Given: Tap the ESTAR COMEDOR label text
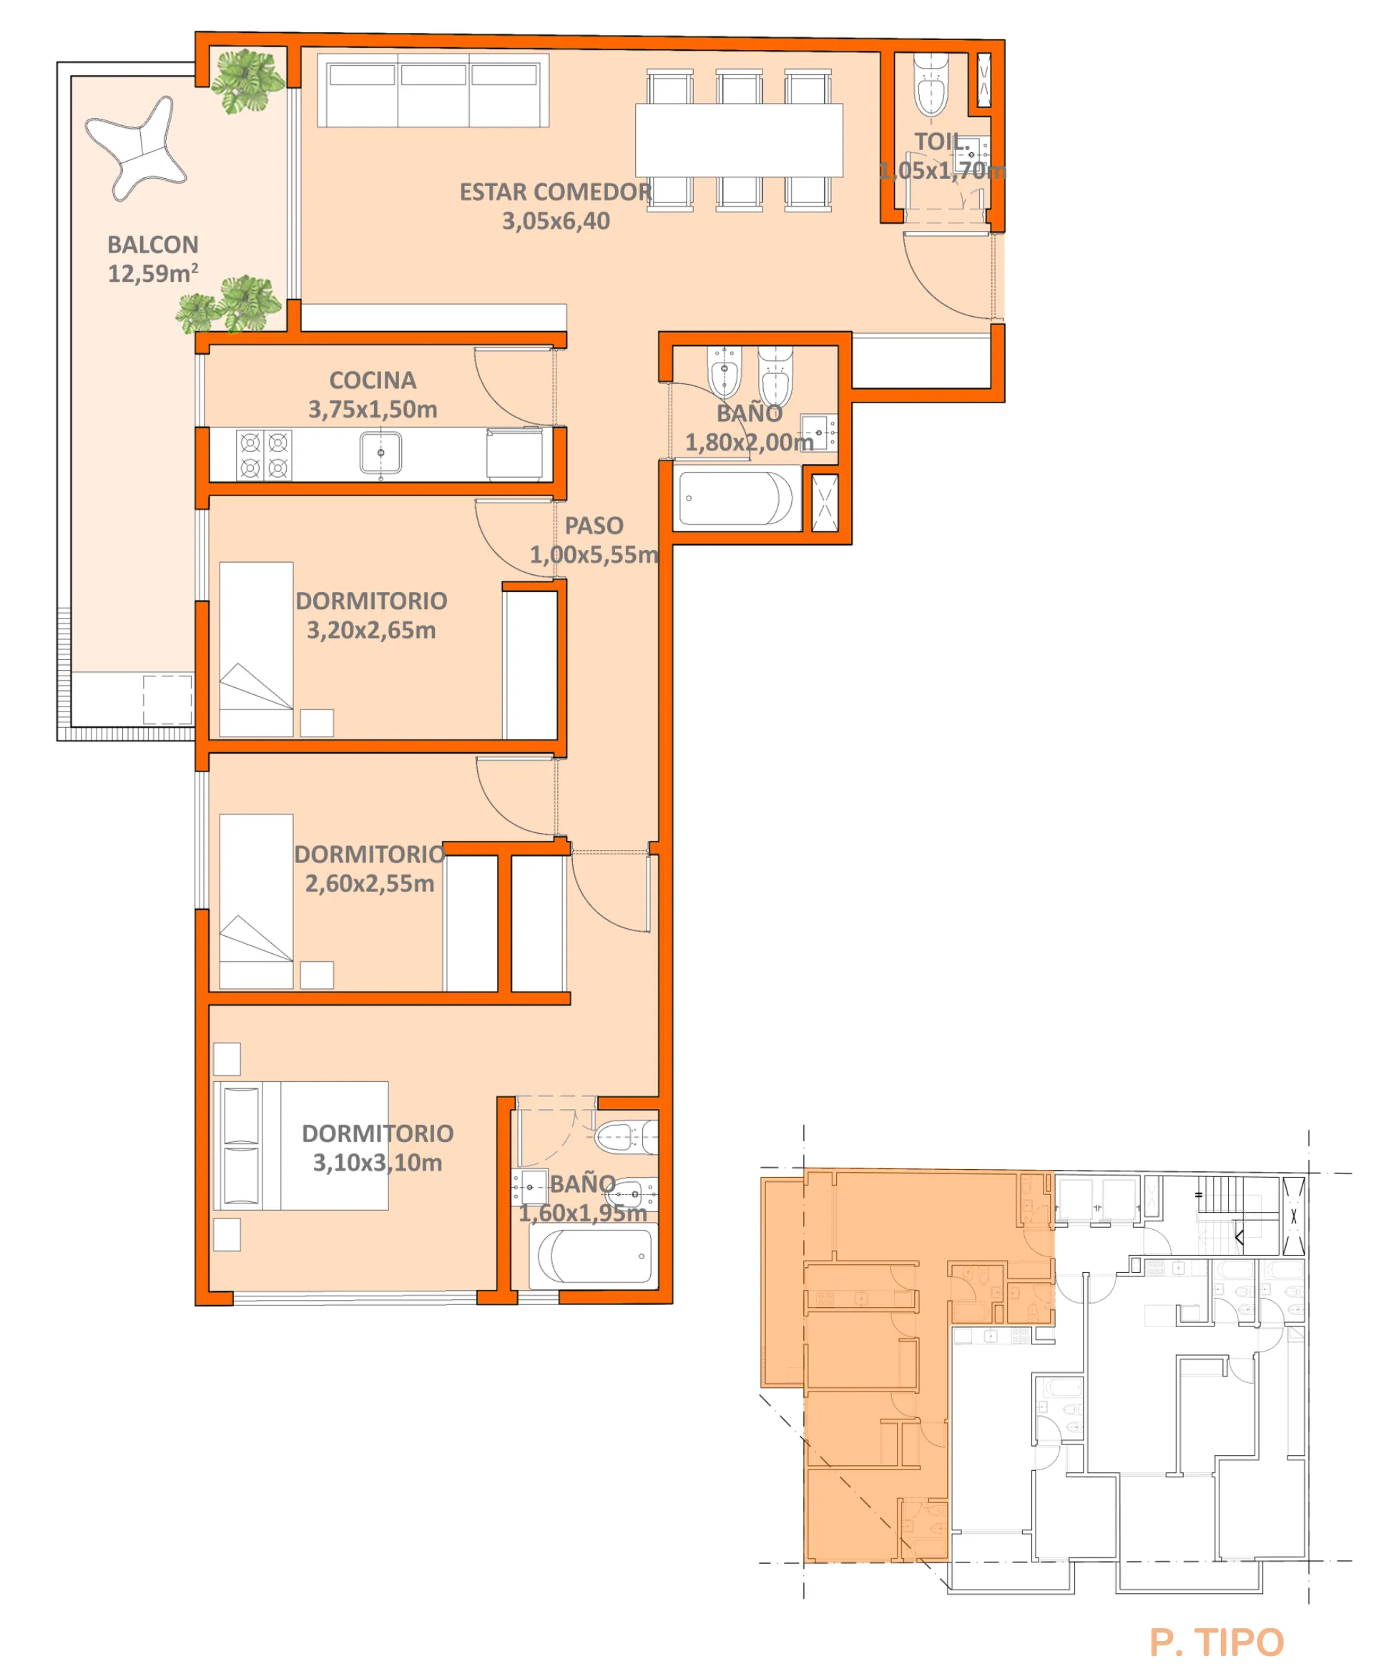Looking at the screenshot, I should [555, 192].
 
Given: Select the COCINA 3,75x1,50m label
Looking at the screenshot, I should [373, 394].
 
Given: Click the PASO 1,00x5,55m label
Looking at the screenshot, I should [594, 540].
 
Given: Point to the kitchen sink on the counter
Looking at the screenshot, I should [381, 453].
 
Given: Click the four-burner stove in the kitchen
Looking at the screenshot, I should [264, 455].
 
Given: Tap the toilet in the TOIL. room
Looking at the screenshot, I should [931, 87].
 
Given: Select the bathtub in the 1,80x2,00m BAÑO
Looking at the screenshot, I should [735, 499].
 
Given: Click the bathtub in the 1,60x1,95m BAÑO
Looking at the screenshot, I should [594, 1256].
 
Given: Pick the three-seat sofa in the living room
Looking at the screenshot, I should [433, 91].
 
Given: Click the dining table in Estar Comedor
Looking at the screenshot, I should [739, 140].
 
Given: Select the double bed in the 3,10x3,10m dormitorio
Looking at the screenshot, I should [301, 1146].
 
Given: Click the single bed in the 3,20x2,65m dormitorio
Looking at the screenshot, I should [256, 649].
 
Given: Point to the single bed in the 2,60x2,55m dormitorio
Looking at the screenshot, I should [256, 901].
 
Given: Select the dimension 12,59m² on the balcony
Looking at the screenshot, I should [152, 273].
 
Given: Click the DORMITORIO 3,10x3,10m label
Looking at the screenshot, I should [377, 1147].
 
